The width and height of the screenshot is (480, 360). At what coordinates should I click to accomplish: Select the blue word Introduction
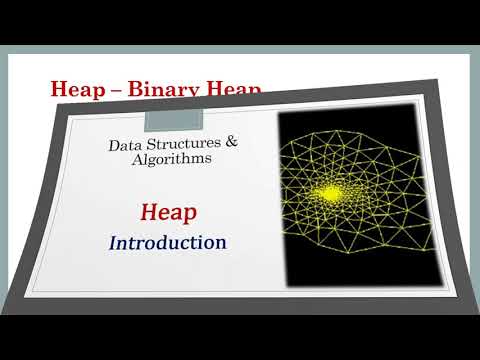point(167,243)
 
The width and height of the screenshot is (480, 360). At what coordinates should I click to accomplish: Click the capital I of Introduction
point(114,245)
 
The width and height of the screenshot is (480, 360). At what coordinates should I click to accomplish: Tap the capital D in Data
point(113,147)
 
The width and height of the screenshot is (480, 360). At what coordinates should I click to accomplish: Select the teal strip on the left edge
point(4,180)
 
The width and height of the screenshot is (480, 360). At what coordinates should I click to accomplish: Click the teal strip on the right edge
point(475,180)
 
